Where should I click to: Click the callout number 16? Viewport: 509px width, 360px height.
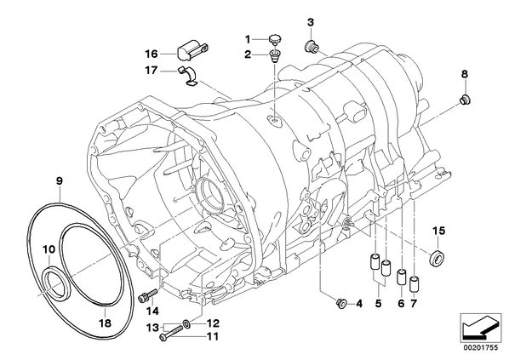click(x=152, y=54)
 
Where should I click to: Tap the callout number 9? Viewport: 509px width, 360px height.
click(x=60, y=180)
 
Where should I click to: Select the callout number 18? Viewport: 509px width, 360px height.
click(x=106, y=323)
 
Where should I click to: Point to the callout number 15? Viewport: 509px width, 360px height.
click(x=438, y=231)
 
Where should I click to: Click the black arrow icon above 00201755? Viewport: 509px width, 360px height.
click(x=481, y=329)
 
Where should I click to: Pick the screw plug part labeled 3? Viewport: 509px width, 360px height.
click(x=311, y=47)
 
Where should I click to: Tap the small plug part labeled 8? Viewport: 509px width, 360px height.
click(x=466, y=99)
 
